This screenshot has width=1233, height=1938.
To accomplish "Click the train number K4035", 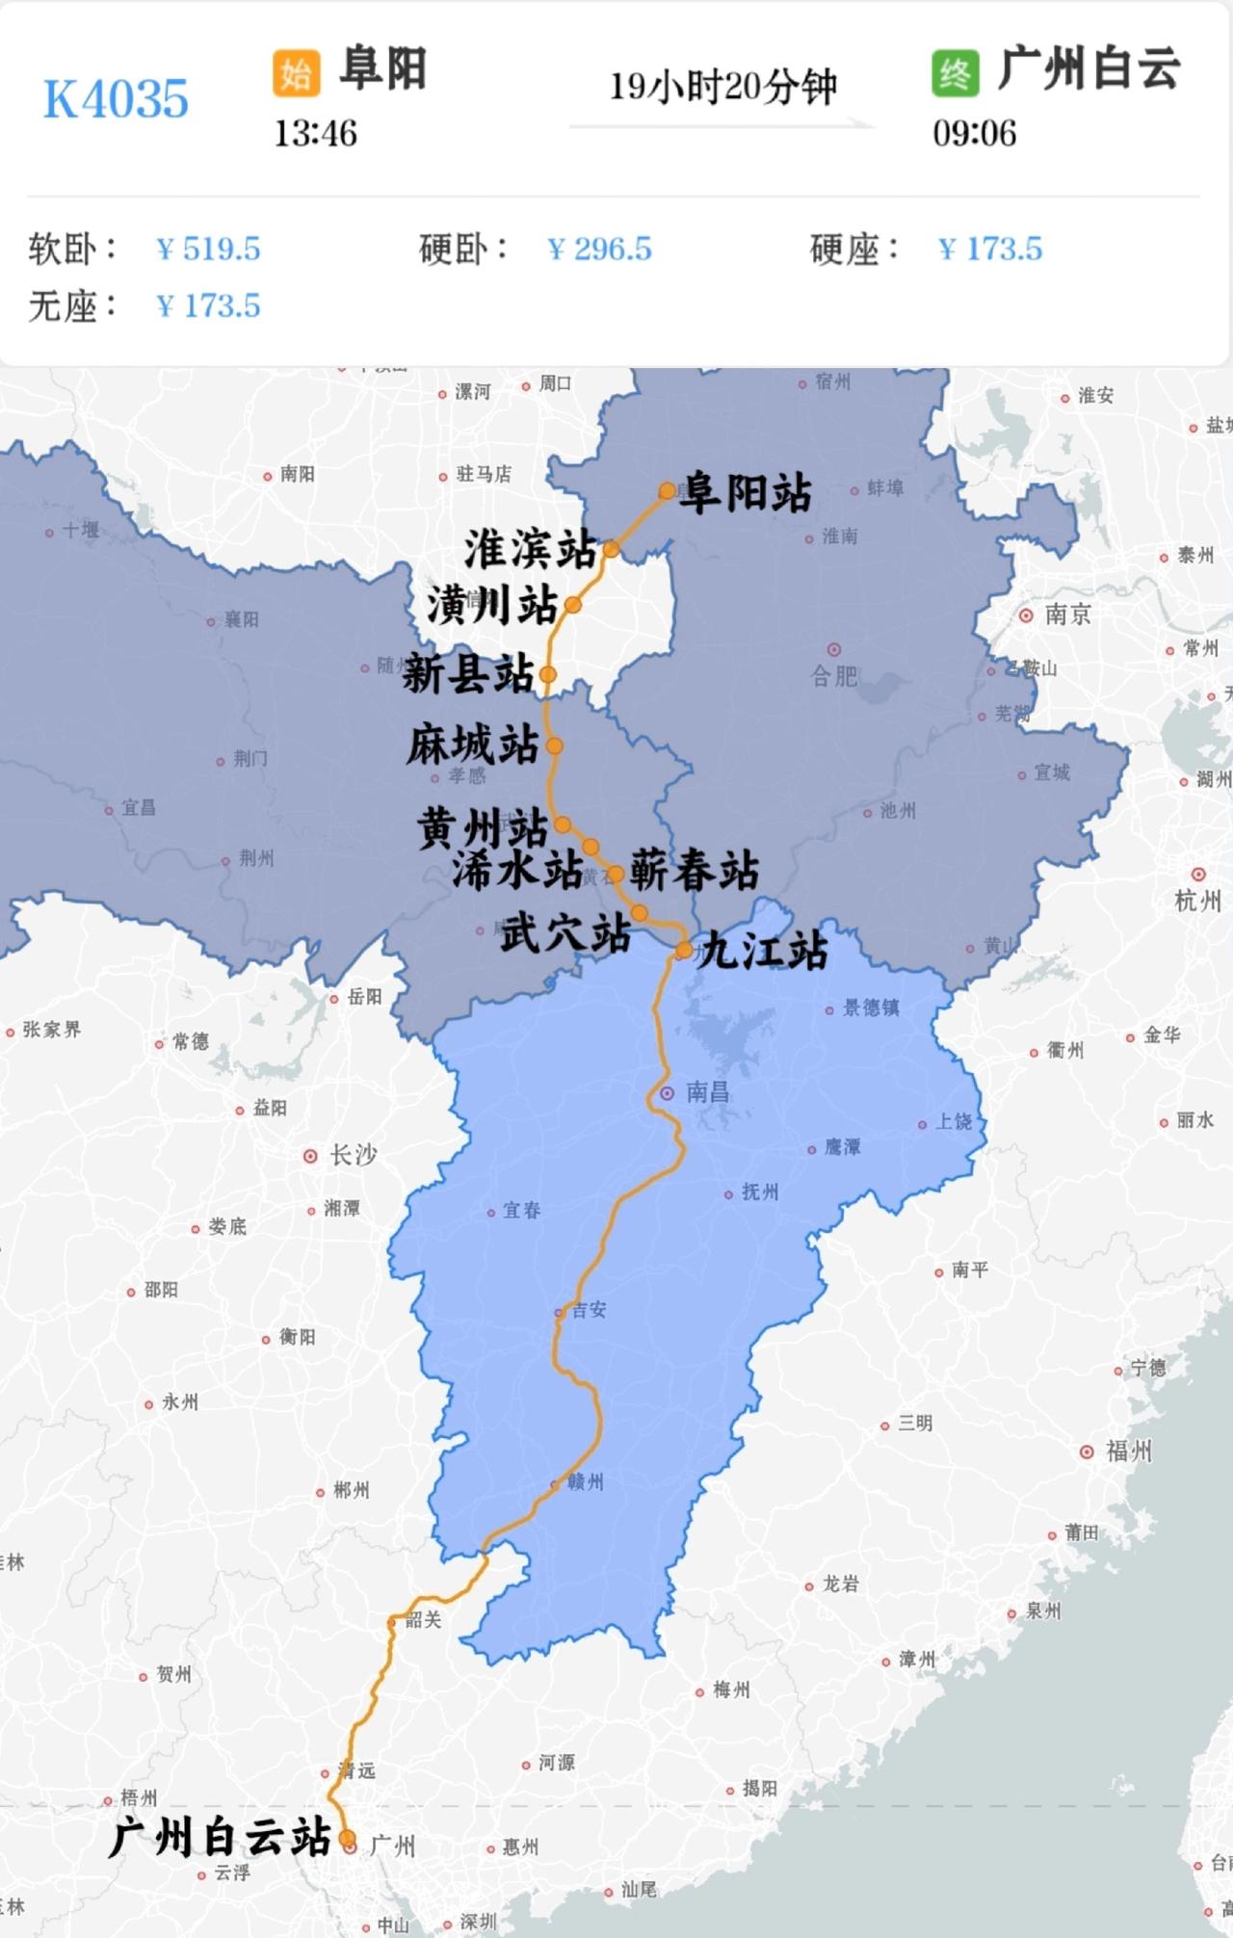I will [116, 98].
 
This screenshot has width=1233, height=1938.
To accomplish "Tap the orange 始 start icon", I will [296, 72].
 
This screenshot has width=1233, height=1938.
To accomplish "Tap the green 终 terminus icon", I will [955, 72].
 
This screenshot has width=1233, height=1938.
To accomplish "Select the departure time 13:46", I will [315, 133].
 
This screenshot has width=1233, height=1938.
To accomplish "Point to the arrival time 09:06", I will [974, 133].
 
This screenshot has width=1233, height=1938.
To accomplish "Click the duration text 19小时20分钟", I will [722, 87].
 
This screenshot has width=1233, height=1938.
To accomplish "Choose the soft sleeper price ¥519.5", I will [208, 249].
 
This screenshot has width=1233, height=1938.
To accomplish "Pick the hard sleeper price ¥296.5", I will [599, 249].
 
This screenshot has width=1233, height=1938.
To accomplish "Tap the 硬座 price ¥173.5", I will [990, 249].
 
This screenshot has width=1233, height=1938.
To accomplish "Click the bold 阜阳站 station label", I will [745, 493].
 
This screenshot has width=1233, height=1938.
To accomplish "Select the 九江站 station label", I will [763, 951].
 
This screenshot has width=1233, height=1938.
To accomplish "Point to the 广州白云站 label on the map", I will [220, 1837].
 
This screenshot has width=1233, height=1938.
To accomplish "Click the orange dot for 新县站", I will [547, 674].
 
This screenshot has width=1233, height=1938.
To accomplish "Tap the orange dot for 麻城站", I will [554, 746].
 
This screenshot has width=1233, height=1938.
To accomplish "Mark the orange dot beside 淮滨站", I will [611, 550].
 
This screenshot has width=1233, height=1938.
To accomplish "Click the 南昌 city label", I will [707, 1092].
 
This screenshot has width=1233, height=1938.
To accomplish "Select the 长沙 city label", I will [353, 1155].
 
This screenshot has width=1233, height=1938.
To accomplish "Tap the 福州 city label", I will [1128, 1451].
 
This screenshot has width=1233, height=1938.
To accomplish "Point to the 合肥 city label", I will [834, 675].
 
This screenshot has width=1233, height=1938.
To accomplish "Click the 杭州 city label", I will [1198, 901].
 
